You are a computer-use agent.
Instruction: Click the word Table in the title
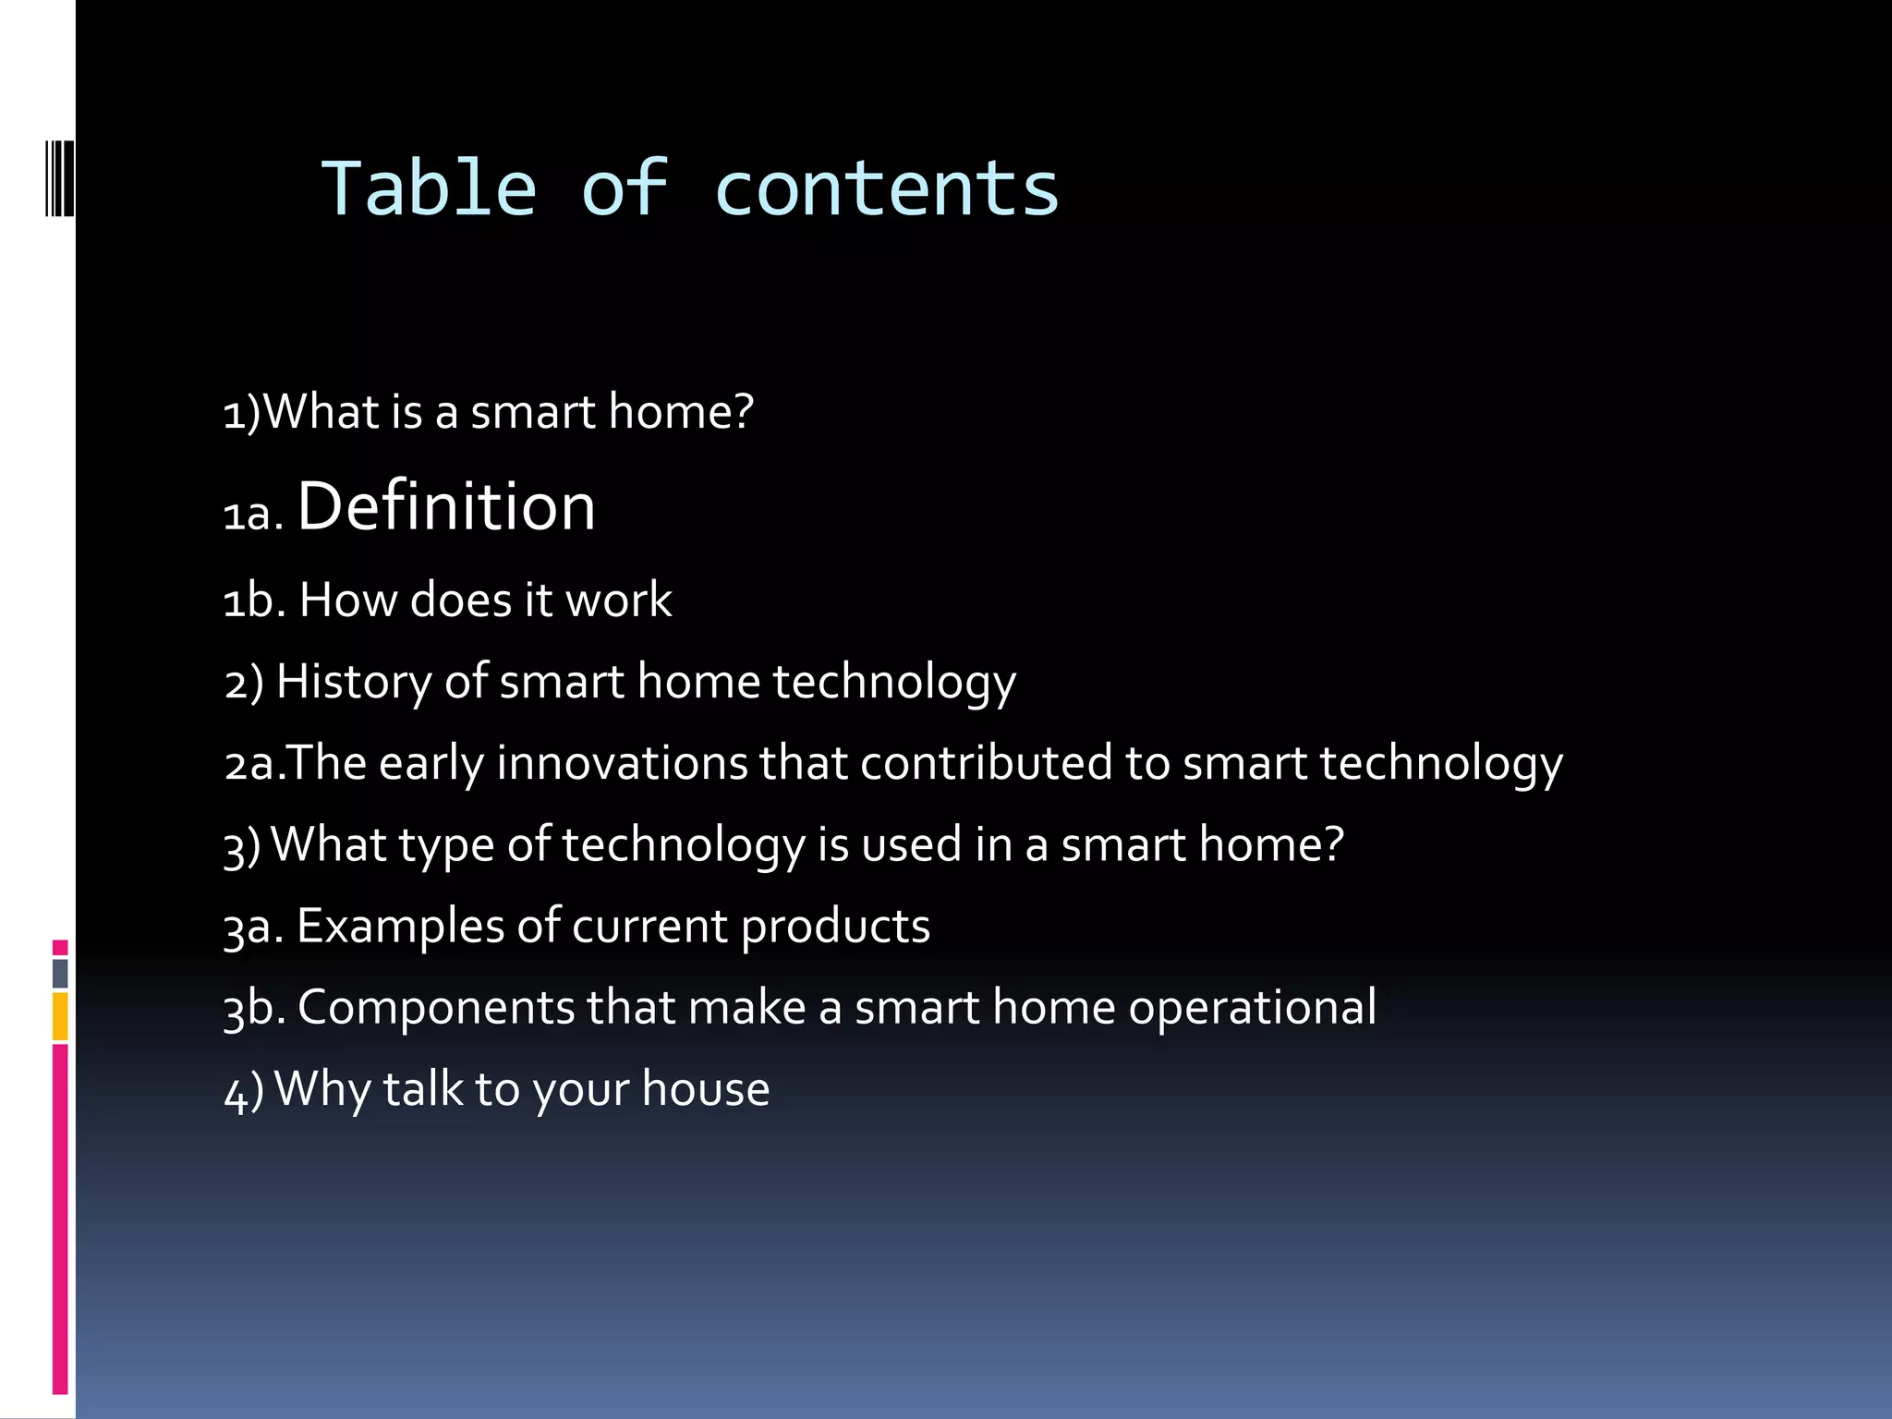coord(429,189)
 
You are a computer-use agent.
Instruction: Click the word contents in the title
coord(886,189)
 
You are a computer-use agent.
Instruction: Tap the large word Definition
coord(446,507)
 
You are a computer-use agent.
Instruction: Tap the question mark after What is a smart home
coord(743,411)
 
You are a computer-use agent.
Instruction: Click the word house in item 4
coord(706,1089)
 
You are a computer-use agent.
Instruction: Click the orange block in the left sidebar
coord(60,1016)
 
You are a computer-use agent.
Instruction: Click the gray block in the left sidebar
coord(60,974)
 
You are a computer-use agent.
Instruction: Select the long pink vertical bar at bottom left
coord(60,1219)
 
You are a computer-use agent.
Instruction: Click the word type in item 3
coord(446,845)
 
